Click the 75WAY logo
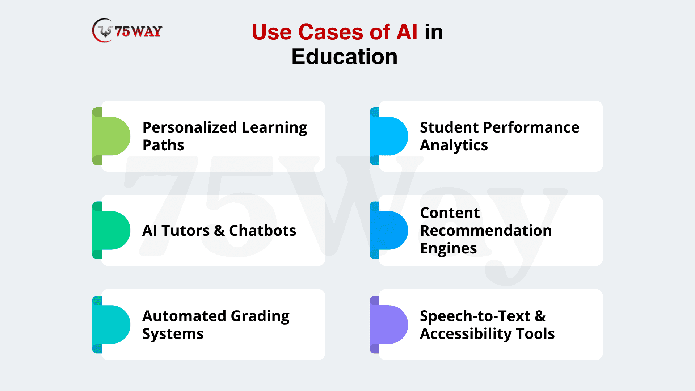(x=127, y=31)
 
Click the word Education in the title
(x=344, y=57)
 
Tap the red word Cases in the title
(x=330, y=32)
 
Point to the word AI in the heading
(x=407, y=32)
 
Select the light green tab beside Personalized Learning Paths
(x=111, y=136)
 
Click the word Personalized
(x=190, y=127)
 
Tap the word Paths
(x=163, y=145)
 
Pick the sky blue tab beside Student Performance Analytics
(x=388, y=136)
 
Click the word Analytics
(x=454, y=146)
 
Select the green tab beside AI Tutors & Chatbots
(x=111, y=230)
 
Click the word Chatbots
(x=263, y=231)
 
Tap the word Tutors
(x=185, y=231)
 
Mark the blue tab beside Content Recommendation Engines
(x=388, y=230)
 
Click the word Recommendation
(x=486, y=231)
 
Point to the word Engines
(x=448, y=249)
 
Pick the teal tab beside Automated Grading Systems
(x=111, y=324)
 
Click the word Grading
(x=260, y=316)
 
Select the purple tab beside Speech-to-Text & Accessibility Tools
(x=388, y=324)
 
